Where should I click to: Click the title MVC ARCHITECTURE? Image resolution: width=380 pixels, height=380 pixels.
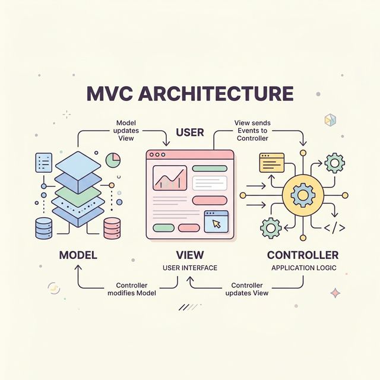190,94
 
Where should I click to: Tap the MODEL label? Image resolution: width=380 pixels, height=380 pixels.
78,255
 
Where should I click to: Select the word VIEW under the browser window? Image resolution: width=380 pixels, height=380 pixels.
190,255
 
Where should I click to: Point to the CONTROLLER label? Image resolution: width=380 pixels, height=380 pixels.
303,255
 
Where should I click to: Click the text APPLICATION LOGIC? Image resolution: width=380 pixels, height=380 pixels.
303,268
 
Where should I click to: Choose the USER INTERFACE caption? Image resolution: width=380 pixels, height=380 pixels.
190,268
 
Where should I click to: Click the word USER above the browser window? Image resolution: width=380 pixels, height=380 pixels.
190,132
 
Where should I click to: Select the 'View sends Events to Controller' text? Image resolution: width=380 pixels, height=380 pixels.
252,130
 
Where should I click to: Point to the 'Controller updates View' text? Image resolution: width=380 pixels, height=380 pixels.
248,289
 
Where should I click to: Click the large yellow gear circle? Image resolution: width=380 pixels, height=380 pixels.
302,194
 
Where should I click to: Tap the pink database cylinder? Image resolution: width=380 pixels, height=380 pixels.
112,227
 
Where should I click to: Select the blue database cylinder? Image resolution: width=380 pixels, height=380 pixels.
44,227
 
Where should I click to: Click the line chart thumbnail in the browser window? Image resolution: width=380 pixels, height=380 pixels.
170,178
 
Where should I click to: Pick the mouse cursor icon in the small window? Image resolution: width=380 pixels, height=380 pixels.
217,223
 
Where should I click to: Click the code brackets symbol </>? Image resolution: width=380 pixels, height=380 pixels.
334,227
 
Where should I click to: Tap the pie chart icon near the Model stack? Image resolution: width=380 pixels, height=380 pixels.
113,160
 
